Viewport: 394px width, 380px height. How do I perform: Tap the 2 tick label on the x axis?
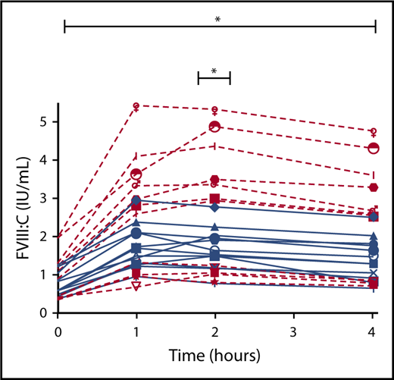215,331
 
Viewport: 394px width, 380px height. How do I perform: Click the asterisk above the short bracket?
214,71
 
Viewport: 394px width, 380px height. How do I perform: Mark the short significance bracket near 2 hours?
214,78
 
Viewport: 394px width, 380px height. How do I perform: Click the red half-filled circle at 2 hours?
214,127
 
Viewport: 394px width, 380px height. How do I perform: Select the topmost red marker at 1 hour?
136,106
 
